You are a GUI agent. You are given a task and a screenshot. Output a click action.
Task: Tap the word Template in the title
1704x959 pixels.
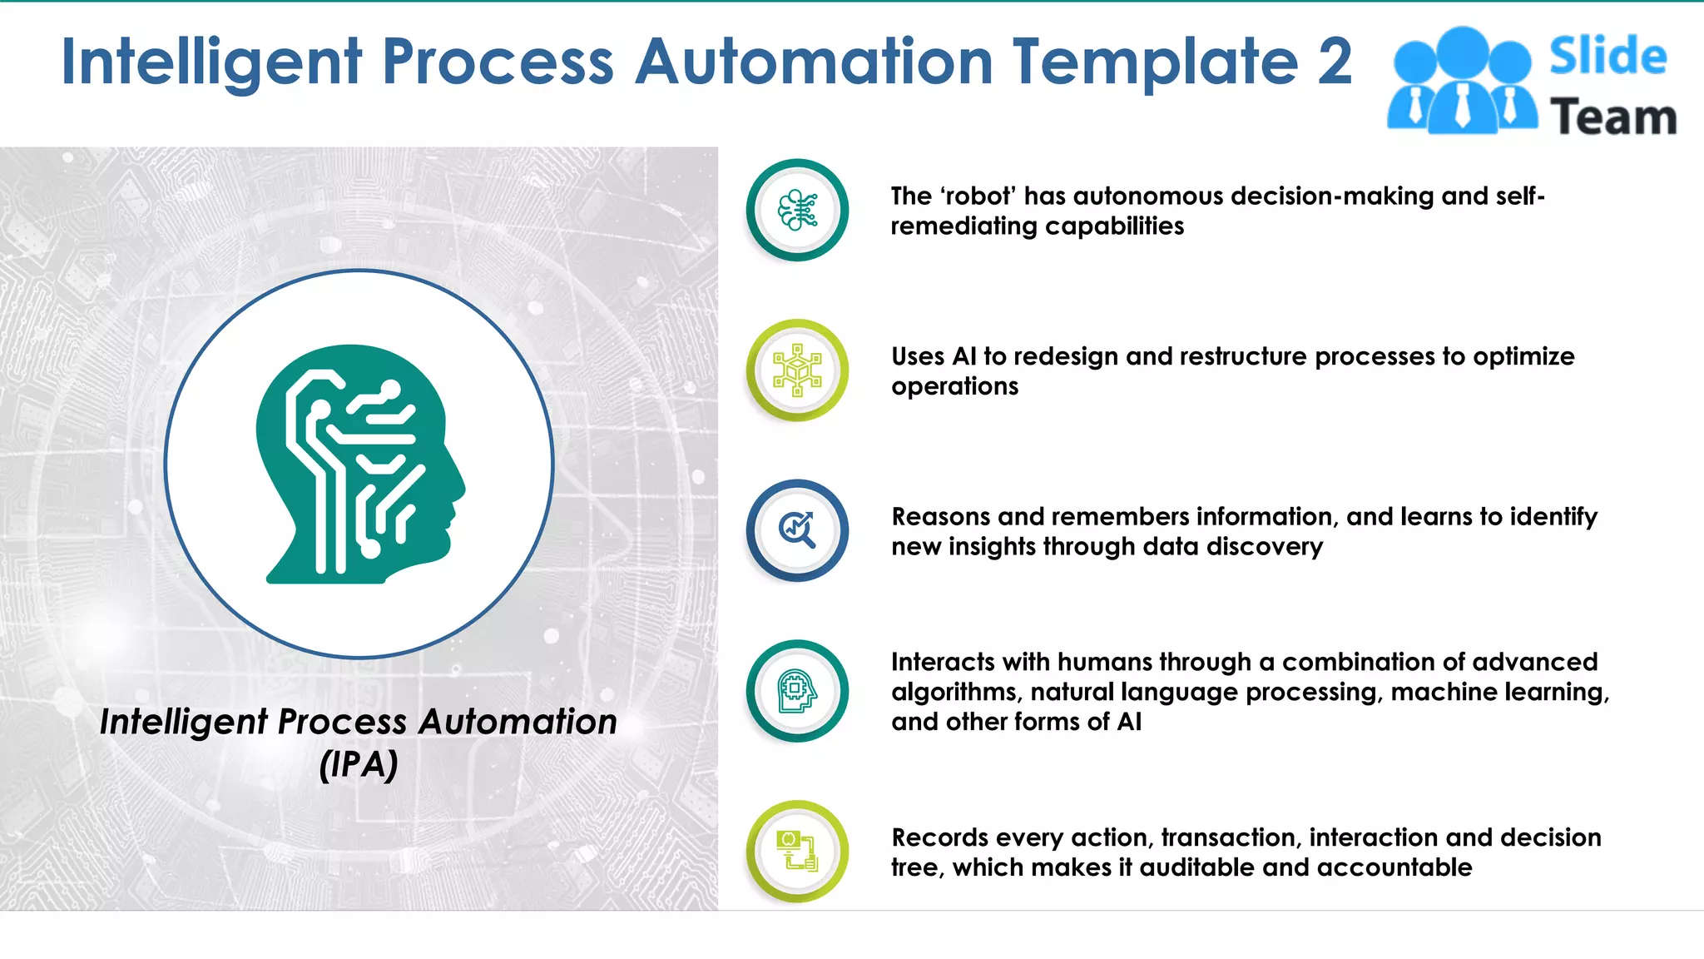(x=1156, y=62)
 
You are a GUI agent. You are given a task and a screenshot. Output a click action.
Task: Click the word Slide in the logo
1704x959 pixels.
(x=1607, y=57)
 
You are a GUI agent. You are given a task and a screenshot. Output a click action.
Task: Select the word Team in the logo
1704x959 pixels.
(x=1612, y=117)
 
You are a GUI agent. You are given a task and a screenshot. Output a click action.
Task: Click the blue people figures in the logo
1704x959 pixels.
(x=1462, y=82)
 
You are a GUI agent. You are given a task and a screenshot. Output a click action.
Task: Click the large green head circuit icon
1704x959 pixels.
(x=359, y=464)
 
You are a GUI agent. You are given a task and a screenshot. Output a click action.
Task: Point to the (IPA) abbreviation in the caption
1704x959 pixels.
(x=359, y=764)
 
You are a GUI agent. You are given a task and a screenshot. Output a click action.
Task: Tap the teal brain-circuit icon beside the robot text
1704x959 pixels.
(x=797, y=210)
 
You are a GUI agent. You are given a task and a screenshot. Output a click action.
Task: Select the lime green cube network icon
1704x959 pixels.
(x=797, y=370)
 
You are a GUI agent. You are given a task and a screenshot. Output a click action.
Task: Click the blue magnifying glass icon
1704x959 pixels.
(x=797, y=530)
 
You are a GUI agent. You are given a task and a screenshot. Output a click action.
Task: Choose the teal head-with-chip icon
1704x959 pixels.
(x=797, y=690)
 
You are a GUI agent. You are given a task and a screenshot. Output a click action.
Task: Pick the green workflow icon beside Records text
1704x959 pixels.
(x=797, y=851)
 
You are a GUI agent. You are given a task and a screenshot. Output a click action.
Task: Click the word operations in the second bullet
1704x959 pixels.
(x=954, y=386)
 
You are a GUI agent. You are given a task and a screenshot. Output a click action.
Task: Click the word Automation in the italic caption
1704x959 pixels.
(x=518, y=722)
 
